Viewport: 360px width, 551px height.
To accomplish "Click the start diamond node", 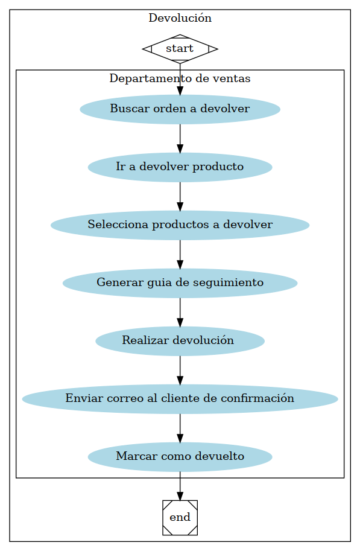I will click(x=180, y=48).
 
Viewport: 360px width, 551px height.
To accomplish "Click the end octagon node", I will click(x=180, y=517).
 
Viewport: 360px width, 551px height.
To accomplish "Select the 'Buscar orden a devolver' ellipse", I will click(x=180, y=109).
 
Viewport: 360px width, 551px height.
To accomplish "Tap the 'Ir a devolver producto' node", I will click(x=180, y=167).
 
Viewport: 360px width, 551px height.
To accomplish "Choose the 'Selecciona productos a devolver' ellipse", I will click(x=180, y=225).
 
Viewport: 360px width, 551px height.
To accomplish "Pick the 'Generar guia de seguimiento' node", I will click(x=180, y=283).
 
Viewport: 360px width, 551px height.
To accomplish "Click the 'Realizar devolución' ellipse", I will click(x=180, y=341).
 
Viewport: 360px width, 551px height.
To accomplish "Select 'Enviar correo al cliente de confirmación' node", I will click(x=180, y=399).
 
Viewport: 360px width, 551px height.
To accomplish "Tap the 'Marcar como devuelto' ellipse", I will click(x=180, y=457).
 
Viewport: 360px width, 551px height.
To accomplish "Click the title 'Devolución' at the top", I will click(x=180, y=18).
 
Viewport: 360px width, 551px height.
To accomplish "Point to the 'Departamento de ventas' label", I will click(x=180, y=78).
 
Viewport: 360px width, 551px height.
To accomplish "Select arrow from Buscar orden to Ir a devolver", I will click(x=180, y=138).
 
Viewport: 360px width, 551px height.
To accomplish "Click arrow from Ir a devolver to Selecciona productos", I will click(x=180, y=196).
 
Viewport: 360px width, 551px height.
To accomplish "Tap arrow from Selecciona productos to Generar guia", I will click(x=180, y=254).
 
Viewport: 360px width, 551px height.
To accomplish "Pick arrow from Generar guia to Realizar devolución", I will click(x=180, y=312).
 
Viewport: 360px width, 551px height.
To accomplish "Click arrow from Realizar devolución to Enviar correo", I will click(x=180, y=370).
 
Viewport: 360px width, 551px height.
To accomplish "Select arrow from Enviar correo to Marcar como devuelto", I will click(x=180, y=428).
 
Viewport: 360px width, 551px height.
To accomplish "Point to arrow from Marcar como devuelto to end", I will click(x=180, y=486).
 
